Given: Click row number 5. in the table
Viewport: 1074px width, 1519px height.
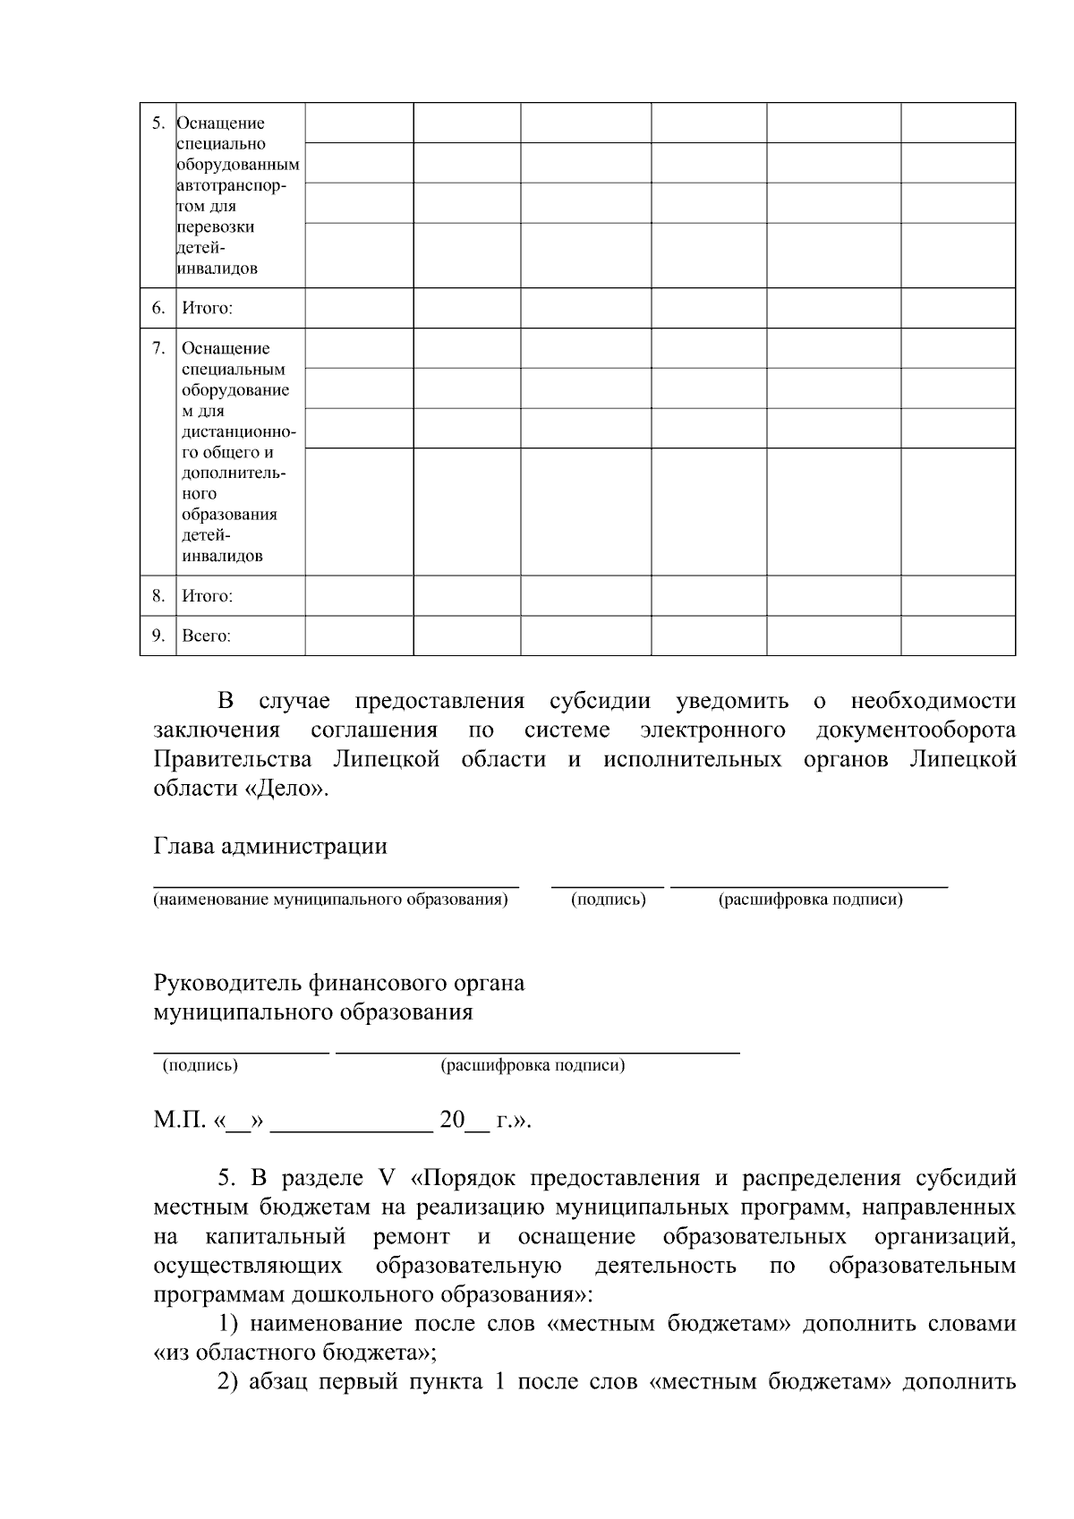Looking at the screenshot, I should coord(158,124).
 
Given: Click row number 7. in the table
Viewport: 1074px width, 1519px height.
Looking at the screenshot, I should coord(158,348).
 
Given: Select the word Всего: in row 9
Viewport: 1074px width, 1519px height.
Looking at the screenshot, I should coord(206,636).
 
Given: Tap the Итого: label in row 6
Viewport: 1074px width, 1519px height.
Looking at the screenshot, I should coord(207,309).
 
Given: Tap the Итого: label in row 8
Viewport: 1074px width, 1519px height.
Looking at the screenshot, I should coord(207,596).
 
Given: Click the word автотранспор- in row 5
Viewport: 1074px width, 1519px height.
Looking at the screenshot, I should coord(232,185).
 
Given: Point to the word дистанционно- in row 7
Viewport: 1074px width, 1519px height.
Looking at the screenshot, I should coord(239,432).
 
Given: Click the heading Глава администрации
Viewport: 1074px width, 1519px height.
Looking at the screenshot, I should coord(270,847).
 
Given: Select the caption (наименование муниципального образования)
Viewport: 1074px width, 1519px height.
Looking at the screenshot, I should coord(330,900).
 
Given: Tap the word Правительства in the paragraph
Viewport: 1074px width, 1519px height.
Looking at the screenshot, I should coord(233,760).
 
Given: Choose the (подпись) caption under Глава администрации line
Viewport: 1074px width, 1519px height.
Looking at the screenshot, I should coord(609,900).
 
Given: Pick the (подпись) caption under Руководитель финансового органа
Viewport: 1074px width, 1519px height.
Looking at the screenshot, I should coord(200,1066).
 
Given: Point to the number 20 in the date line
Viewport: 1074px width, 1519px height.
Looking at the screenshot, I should coord(452,1121).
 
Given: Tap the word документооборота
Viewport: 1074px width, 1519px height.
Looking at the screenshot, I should coord(916,730).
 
